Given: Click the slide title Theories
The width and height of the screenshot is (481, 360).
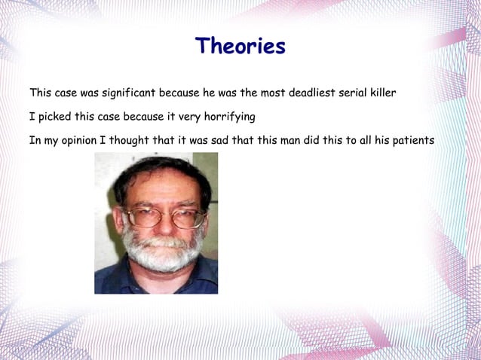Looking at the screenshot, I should coord(240,46).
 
